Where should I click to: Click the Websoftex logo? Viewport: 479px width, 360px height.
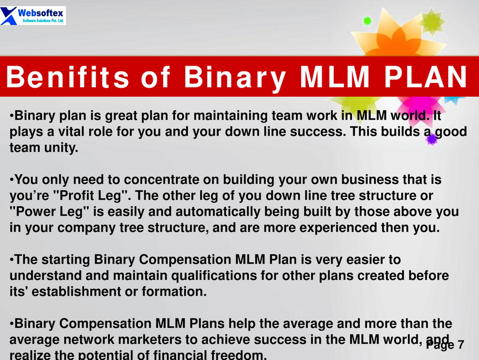[x=33, y=15]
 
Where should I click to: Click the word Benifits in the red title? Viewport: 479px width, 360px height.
[x=68, y=76]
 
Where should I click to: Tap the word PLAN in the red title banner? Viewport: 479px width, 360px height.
[x=426, y=76]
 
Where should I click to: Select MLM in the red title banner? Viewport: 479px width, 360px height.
[x=335, y=76]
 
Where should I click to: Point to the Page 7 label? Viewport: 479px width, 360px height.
[x=445, y=345]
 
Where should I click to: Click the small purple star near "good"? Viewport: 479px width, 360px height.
[x=432, y=139]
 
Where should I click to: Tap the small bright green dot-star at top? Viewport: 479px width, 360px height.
[x=367, y=21]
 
